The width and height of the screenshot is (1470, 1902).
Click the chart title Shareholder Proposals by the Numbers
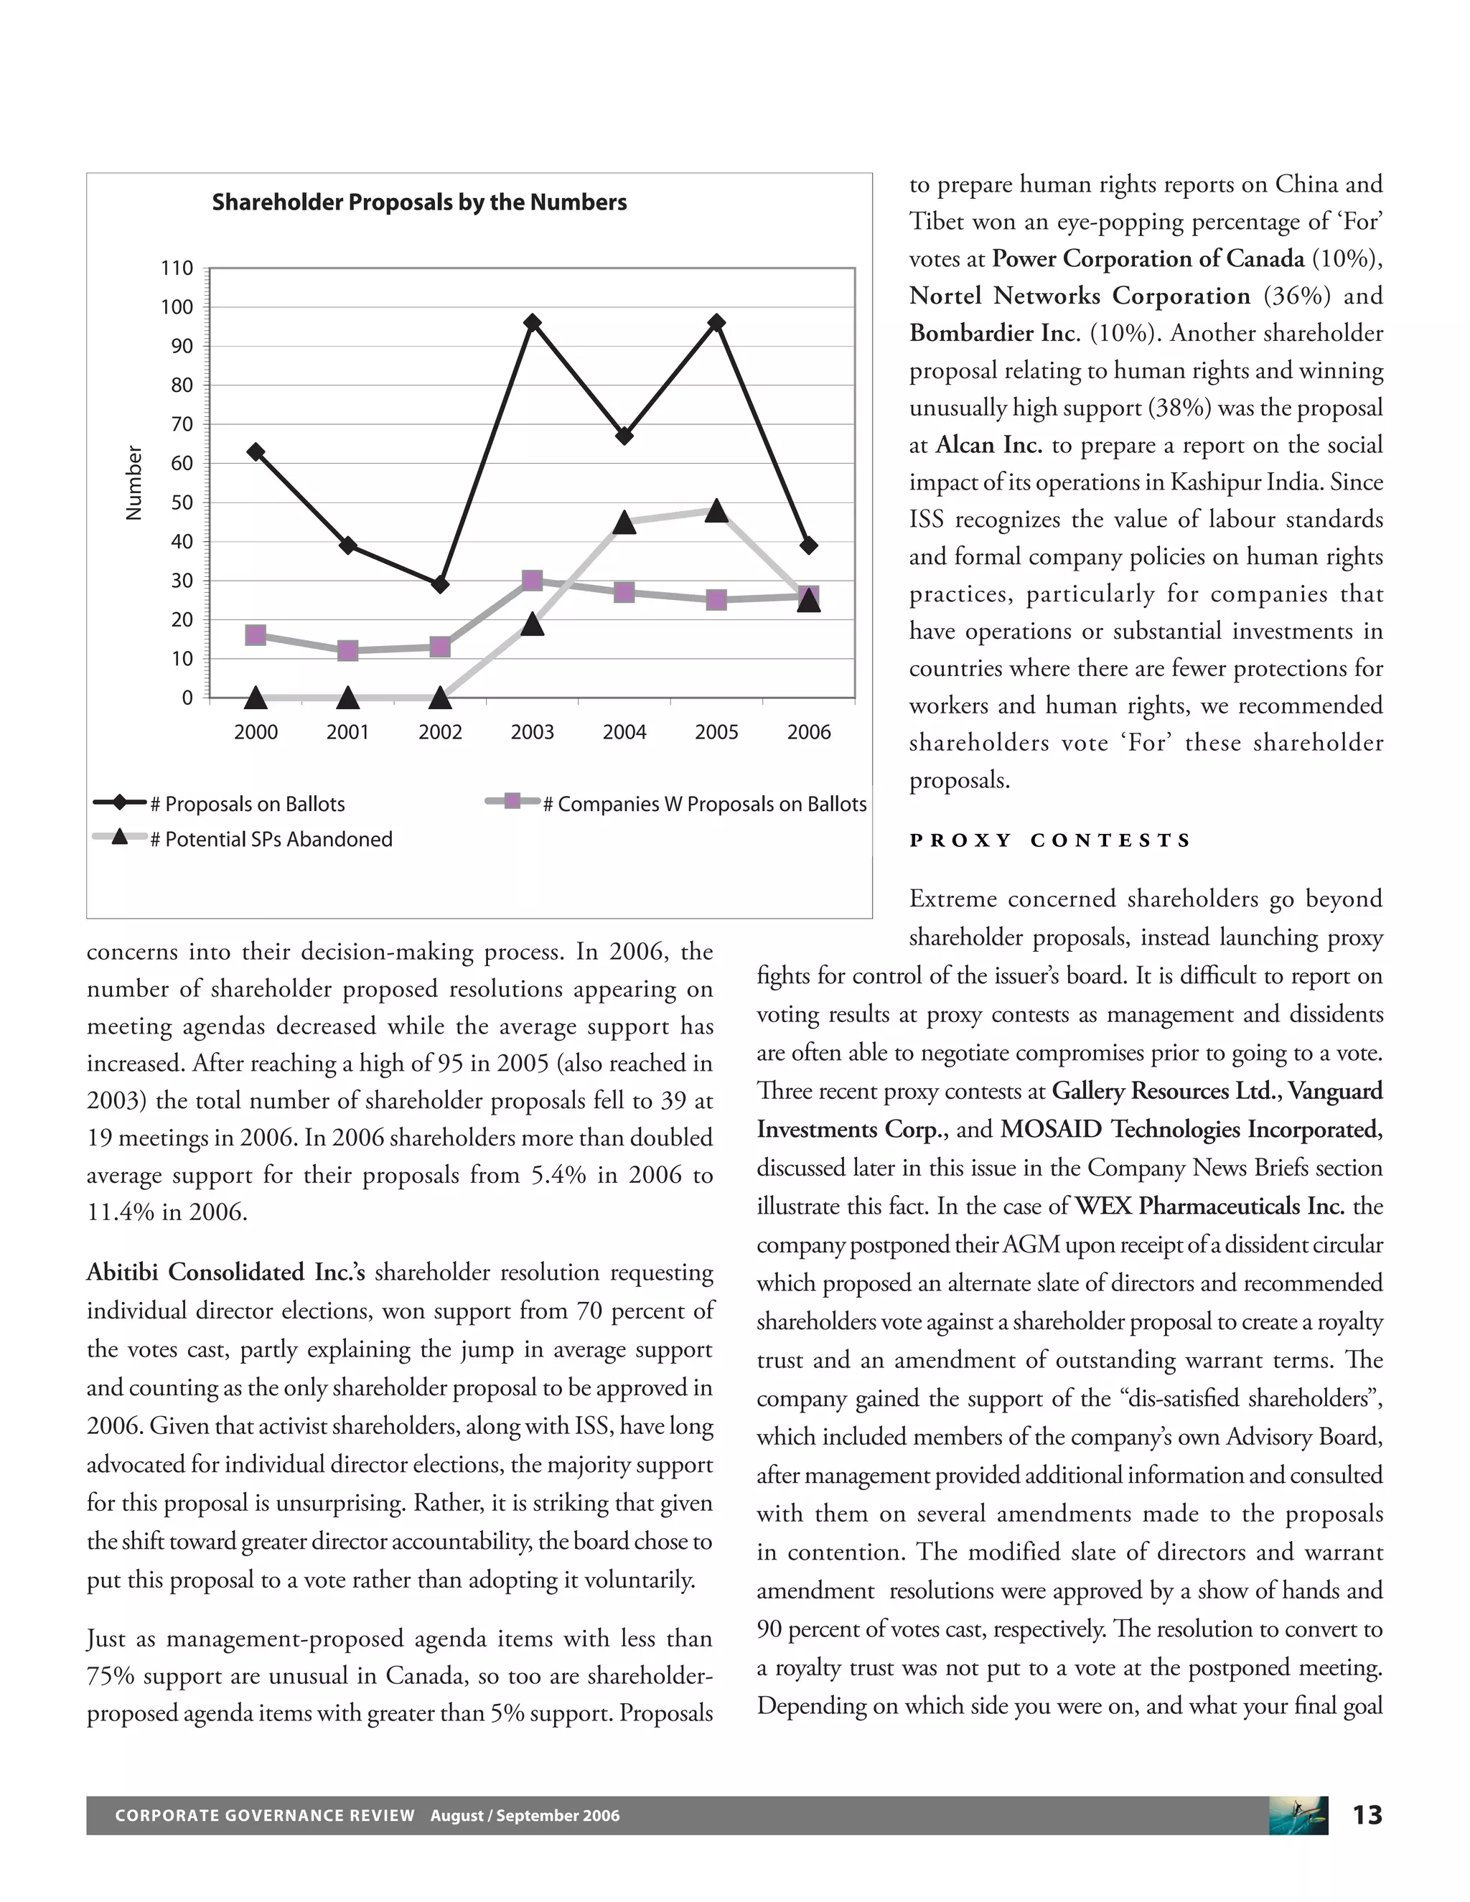(x=419, y=202)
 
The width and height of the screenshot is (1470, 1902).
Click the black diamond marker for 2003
(x=532, y=323)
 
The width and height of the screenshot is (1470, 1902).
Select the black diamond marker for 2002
(x=440, y=584)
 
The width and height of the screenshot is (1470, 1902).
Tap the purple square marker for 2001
(x=347, y=650)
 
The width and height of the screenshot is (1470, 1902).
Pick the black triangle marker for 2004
(x=624, y=523)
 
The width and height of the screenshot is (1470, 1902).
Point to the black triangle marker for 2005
(x=716, y=510)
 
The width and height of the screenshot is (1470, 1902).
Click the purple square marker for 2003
(x=532, y=581)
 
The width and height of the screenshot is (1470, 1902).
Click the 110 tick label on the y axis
(x=177, y=268)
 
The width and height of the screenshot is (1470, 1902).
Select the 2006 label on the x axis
(x=808, y=732)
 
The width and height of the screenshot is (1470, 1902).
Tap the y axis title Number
(x=134, y=483)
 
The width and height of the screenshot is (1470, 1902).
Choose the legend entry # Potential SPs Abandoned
(x=271, y=840)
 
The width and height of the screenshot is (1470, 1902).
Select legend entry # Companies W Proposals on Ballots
(x=703, y=804)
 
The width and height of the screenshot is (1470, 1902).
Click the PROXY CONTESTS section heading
(x=1049, y=840)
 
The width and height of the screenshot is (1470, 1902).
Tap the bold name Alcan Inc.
(x=988, y=445)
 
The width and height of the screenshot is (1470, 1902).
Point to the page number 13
(x=1367, y=1815)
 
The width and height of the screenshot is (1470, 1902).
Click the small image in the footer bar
(x=1298, y=1815)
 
